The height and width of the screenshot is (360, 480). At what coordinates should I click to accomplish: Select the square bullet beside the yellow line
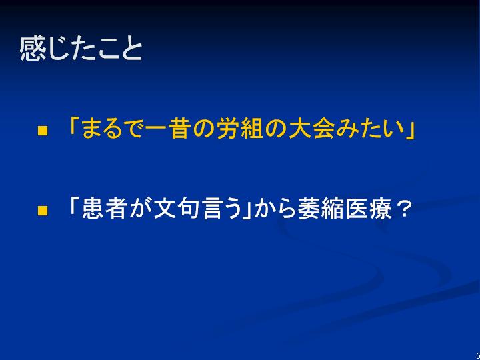point(43,131)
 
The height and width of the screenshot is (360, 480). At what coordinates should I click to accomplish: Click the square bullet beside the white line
point(43,211)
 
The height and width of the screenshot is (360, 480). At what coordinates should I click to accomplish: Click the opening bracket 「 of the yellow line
point(74,126)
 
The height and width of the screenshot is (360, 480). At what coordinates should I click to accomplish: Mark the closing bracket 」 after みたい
point(410,133)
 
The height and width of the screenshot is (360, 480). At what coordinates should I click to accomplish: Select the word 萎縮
point(318,209)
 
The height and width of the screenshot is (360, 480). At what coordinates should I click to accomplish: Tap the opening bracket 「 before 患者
point(74,206)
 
